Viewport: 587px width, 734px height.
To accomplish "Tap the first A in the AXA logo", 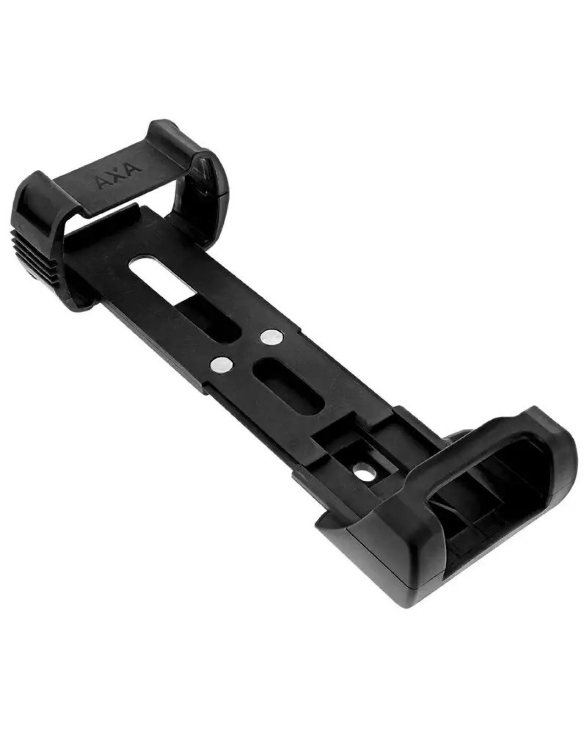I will click(102, 184).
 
